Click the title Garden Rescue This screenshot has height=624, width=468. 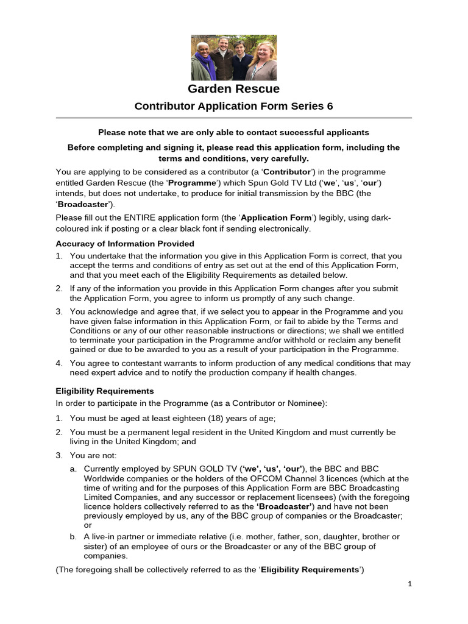233,89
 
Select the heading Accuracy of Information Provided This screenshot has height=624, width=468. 125,244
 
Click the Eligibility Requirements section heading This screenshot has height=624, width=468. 105,391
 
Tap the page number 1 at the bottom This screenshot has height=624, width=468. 410,583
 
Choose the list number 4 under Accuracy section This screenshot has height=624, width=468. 59,363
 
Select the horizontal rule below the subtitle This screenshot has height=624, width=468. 233,118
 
